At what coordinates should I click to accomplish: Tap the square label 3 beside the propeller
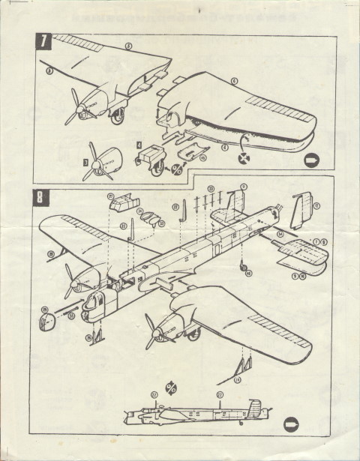pos(86,161)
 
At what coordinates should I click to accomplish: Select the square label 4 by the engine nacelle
pos(139,145)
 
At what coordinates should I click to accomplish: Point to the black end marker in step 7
pos(312,160)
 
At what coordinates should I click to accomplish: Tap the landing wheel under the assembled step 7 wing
pos(118,115)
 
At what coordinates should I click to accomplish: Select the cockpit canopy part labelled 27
pos(121,202)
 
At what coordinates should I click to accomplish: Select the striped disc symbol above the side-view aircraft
pos(172,387)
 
